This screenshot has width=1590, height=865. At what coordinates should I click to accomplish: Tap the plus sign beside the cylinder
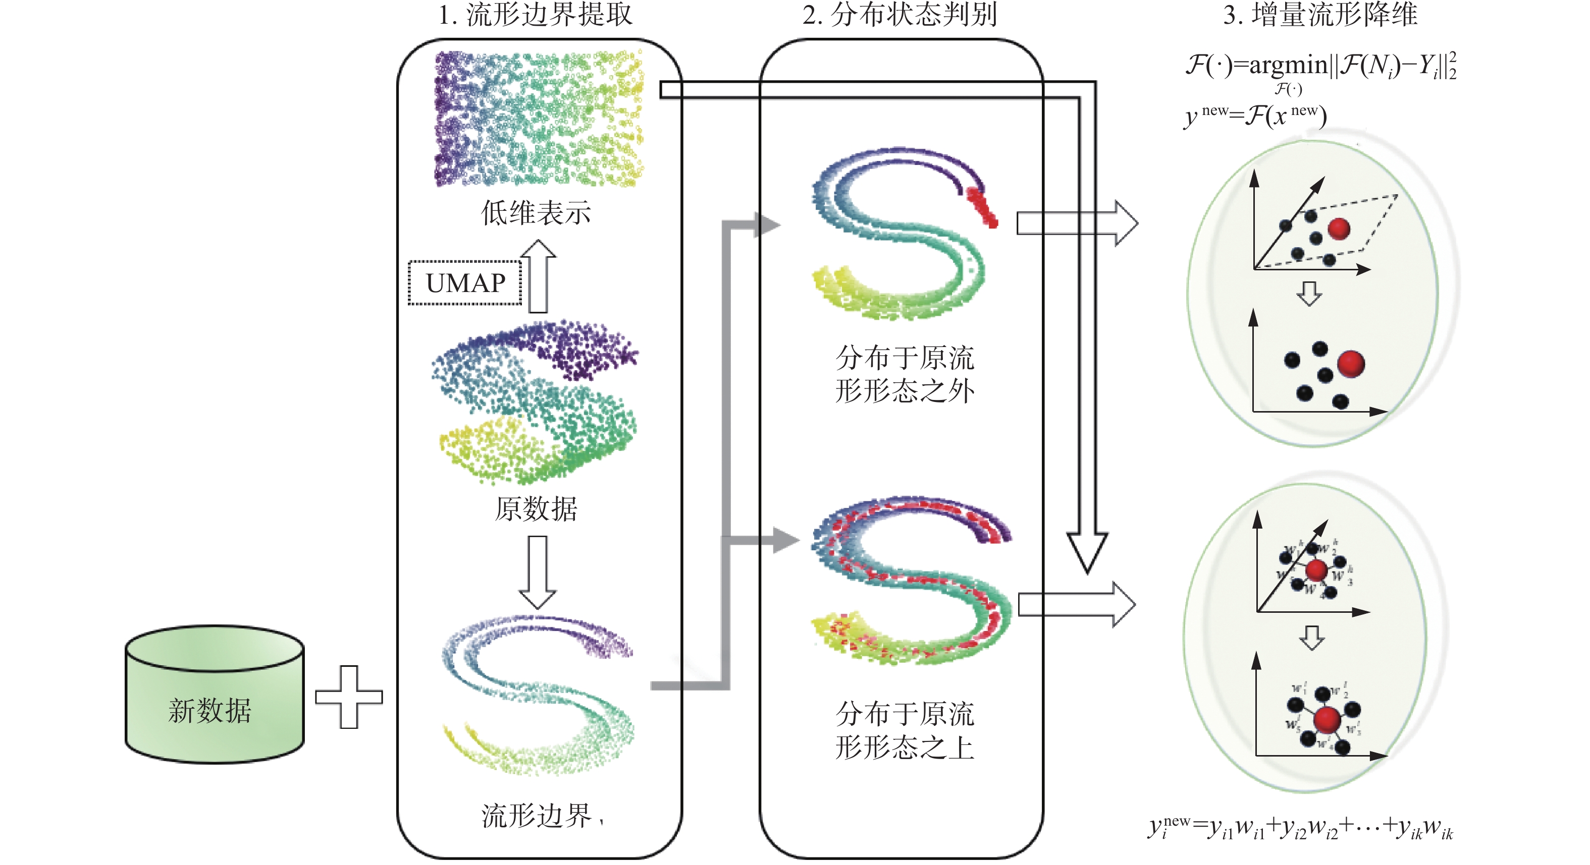pos(349,697)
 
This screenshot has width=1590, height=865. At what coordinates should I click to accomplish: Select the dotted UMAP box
pos(465,282)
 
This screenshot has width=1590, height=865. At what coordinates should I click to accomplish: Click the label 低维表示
pos(536,213)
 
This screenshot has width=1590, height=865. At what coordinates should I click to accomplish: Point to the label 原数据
pos(536,509)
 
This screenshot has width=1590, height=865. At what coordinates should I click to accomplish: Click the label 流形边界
pos(536,816)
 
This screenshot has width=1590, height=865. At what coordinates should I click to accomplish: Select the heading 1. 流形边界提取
pos(535,15)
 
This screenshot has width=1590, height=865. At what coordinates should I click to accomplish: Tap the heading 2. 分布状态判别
pos(899,15)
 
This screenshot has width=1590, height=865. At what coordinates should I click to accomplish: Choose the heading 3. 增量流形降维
pos(1320,15)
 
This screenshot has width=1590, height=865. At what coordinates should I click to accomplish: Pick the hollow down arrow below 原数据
pos(538,571)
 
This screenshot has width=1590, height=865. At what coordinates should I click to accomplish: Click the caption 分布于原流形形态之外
pos(905,374)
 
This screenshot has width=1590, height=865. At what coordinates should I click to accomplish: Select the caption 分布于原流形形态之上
pos(905,730)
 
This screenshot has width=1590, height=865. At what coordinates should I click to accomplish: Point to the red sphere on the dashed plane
pos(1338,229)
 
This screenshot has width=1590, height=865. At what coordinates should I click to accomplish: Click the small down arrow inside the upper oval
pos(1309,294)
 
